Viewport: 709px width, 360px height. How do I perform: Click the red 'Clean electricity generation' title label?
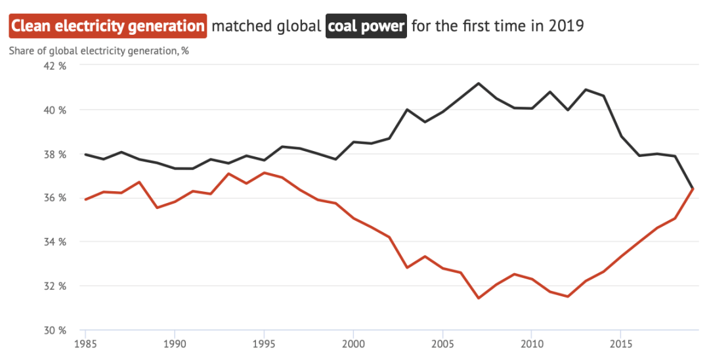coord(108,27)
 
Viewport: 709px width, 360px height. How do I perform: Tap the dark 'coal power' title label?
coord(366,27)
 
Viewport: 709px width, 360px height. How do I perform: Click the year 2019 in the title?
coord(567,27)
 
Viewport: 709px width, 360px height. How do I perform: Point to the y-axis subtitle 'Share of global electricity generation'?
coord(98,51)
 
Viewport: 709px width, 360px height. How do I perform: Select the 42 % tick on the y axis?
coord(54,66)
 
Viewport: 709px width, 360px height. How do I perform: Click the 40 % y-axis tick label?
coord(54,110)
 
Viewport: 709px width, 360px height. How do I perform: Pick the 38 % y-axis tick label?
coord(54,154)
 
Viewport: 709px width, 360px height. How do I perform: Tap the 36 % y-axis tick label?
coord(54,198)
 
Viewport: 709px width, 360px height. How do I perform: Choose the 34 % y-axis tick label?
coord(54,242)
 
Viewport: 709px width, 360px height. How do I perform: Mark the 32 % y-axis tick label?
coord(54,286)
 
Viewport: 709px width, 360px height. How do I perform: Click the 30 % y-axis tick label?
coord(54,330)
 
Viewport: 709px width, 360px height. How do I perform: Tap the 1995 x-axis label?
coord(264,344)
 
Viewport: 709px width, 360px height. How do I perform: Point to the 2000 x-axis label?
coord(353,344)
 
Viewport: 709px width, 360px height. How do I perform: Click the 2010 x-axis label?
coord(532,344)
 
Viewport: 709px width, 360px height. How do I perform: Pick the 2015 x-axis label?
coord(621,344)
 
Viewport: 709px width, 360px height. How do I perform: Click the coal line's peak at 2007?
coord(478,83)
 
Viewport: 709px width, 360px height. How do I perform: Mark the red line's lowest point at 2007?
coord(478,298)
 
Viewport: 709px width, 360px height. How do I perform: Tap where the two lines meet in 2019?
coord(693,189)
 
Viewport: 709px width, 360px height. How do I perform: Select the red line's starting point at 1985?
coord(85,199)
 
